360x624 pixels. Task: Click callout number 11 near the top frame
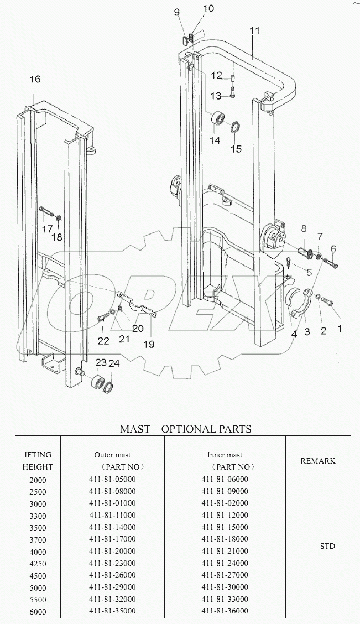click(254, 31)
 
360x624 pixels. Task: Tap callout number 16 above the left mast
click(34, 80)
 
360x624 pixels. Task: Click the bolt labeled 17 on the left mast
click(47, 212)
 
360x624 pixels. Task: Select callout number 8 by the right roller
click(304, 228)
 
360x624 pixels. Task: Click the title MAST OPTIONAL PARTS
click(186, 429)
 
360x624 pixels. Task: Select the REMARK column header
click(317, 460)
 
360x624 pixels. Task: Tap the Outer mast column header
click(112, 455)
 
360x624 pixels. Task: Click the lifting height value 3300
click(38, 516)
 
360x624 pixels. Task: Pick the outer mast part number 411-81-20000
click(112, 551)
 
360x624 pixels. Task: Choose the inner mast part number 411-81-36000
click(225, 611)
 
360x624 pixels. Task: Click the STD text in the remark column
click(327, 546)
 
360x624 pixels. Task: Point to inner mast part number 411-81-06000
click(225, 479)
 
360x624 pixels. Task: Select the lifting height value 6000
click(38, 611)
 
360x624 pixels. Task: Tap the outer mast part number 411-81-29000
click(112, 587)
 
